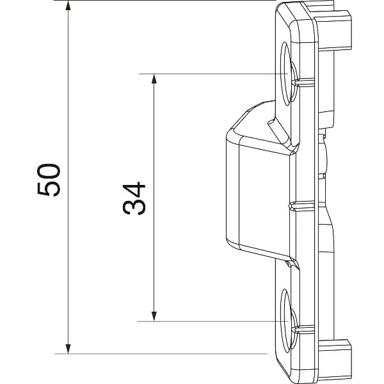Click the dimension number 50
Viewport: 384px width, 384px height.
[49, 180]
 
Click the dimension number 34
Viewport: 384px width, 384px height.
[134, 198]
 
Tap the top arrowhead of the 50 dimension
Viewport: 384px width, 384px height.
[68, 5]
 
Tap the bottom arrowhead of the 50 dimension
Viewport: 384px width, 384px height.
[68, 349]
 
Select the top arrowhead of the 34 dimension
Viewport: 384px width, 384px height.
[154, 79]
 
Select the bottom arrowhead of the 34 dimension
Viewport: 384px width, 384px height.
[154, 316]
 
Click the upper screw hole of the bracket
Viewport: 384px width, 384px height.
[287, 74]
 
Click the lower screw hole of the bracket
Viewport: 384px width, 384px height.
[287, 321]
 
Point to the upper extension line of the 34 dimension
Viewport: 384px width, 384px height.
[214, 74]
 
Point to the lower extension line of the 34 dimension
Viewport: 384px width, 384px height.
[212, 321]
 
